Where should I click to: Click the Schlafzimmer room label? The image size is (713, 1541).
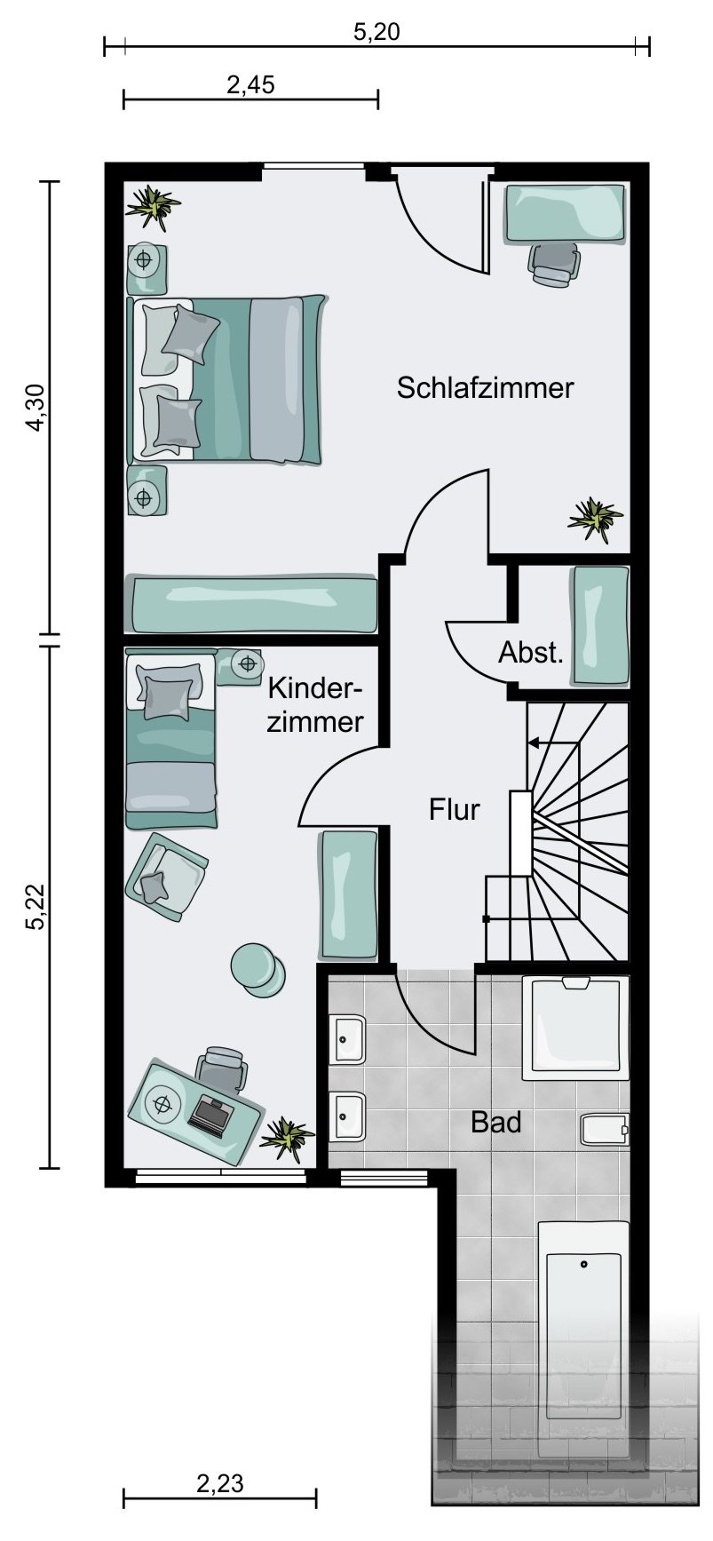pyautogui.click(x=485, y=388)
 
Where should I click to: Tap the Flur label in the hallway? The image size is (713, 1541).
pyautogui.click(x=455, y=809)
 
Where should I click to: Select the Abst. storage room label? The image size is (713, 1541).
pyautogui.click(x=531, y=653)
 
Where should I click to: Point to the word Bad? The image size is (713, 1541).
pyautogui.click(x=495, y=1122)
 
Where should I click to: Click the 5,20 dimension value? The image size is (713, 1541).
pyautogui.click(x=376, y=33)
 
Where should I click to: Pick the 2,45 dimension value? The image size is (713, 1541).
pyautogui.click(x=251, y=85)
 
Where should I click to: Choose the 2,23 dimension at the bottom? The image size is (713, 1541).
pyautogui.click(x=219, y=1483)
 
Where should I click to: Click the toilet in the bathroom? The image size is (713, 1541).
pyautogui.click(x=605, y=1129)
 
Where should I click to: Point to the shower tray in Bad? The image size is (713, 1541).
pyautogui.click(x=575, y=1029)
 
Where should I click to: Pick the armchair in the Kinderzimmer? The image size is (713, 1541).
pyautogui.click(x=166, y=875)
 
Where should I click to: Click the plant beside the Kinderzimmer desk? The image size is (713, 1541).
pyautogui.click(x=287, y=1137)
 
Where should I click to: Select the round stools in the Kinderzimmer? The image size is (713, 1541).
pyautogui.click(x=257, y=967)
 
